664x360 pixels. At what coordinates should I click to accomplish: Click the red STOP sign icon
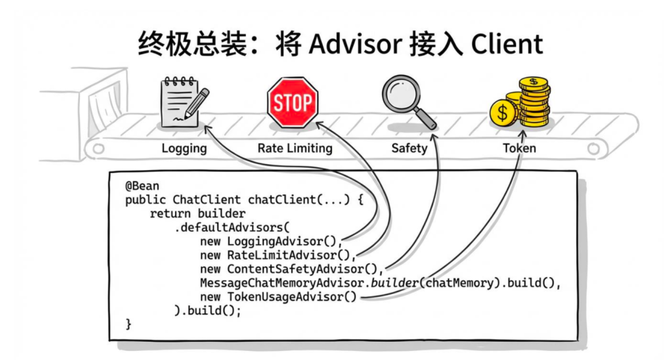[292, 102]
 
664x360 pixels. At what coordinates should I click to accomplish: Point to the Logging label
[184, 149]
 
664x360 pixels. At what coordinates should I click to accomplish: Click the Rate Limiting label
[294, 149]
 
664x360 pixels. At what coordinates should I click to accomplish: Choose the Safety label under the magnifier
[409, 149]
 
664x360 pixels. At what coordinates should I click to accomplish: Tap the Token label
[519, 149]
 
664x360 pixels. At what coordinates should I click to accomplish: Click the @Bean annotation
[142, 186]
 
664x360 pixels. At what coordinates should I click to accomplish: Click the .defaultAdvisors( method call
[230, 227]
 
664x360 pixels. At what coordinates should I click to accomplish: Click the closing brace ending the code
[128, 324]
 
